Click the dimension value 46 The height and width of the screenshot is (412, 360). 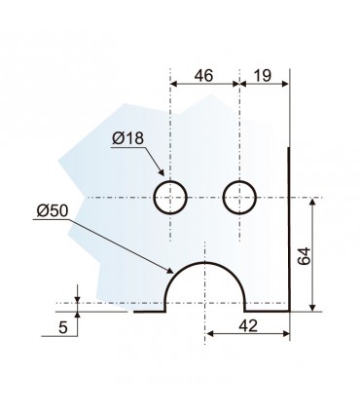203,76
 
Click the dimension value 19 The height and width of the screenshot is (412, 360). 262,76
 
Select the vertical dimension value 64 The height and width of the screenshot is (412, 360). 304,256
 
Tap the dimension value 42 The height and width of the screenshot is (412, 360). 248,325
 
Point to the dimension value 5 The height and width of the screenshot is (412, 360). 63,327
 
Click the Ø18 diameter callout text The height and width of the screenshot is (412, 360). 127,138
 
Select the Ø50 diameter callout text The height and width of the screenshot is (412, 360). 53,211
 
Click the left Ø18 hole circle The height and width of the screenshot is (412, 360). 170,181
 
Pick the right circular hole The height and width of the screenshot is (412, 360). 239,181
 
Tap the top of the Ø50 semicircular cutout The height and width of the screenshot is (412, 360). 204,262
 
